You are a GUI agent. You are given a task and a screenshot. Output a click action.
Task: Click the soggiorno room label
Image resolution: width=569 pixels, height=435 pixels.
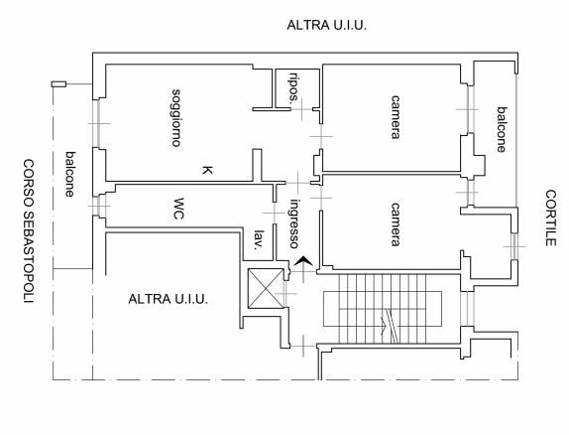(176, 118)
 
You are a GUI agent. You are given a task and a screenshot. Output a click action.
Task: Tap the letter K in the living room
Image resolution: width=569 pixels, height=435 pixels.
(207, 170)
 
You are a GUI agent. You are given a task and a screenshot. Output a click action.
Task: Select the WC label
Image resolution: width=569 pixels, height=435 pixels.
(177, 209)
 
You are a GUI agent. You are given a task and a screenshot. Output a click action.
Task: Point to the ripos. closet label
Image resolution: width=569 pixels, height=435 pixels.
(293, 88)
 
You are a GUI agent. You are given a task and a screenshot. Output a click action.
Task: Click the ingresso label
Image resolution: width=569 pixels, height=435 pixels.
(294, 223)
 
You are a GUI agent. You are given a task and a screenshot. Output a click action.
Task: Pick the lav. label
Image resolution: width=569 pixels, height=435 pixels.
(259, 240)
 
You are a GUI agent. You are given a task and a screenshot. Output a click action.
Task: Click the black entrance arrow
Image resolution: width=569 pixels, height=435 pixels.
(303, 261)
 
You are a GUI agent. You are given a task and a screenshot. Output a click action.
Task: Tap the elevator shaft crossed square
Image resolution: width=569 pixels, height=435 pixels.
(266, 288)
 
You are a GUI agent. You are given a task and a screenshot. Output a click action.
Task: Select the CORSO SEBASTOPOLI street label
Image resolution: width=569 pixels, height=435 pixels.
(29, 231)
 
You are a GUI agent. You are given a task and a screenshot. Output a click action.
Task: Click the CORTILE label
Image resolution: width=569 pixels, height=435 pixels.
(550, 217)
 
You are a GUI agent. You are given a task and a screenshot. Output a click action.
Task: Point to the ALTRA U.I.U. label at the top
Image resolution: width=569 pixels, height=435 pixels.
(326, 25)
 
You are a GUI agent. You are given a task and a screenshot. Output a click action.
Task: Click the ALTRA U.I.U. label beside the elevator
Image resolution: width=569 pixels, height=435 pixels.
(168, 299)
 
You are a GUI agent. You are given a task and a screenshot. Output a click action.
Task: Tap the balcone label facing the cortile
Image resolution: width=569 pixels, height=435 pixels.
(502, 129)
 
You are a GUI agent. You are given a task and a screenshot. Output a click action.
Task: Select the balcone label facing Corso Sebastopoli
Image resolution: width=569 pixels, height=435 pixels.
(69, 174)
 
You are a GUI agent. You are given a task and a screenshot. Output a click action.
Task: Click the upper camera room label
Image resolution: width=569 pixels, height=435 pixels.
(396, 117)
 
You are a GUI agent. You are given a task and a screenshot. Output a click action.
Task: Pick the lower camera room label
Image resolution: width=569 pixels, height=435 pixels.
(396, 224)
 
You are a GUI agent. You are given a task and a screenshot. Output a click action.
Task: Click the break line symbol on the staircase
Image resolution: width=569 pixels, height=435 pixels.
(392, 326)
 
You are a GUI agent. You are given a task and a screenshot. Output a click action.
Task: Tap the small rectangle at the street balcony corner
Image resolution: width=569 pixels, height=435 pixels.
(58, 84)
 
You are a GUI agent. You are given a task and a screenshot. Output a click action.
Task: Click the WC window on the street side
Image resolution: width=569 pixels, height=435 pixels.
(98, 206)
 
